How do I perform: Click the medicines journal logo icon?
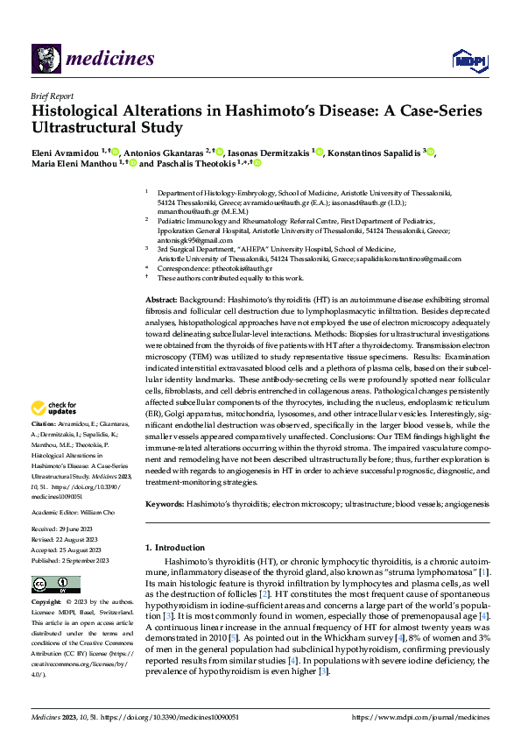[x=46, y=59]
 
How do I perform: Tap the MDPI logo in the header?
[x=468, y=59]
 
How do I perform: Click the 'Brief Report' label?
[x=52, y=97]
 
